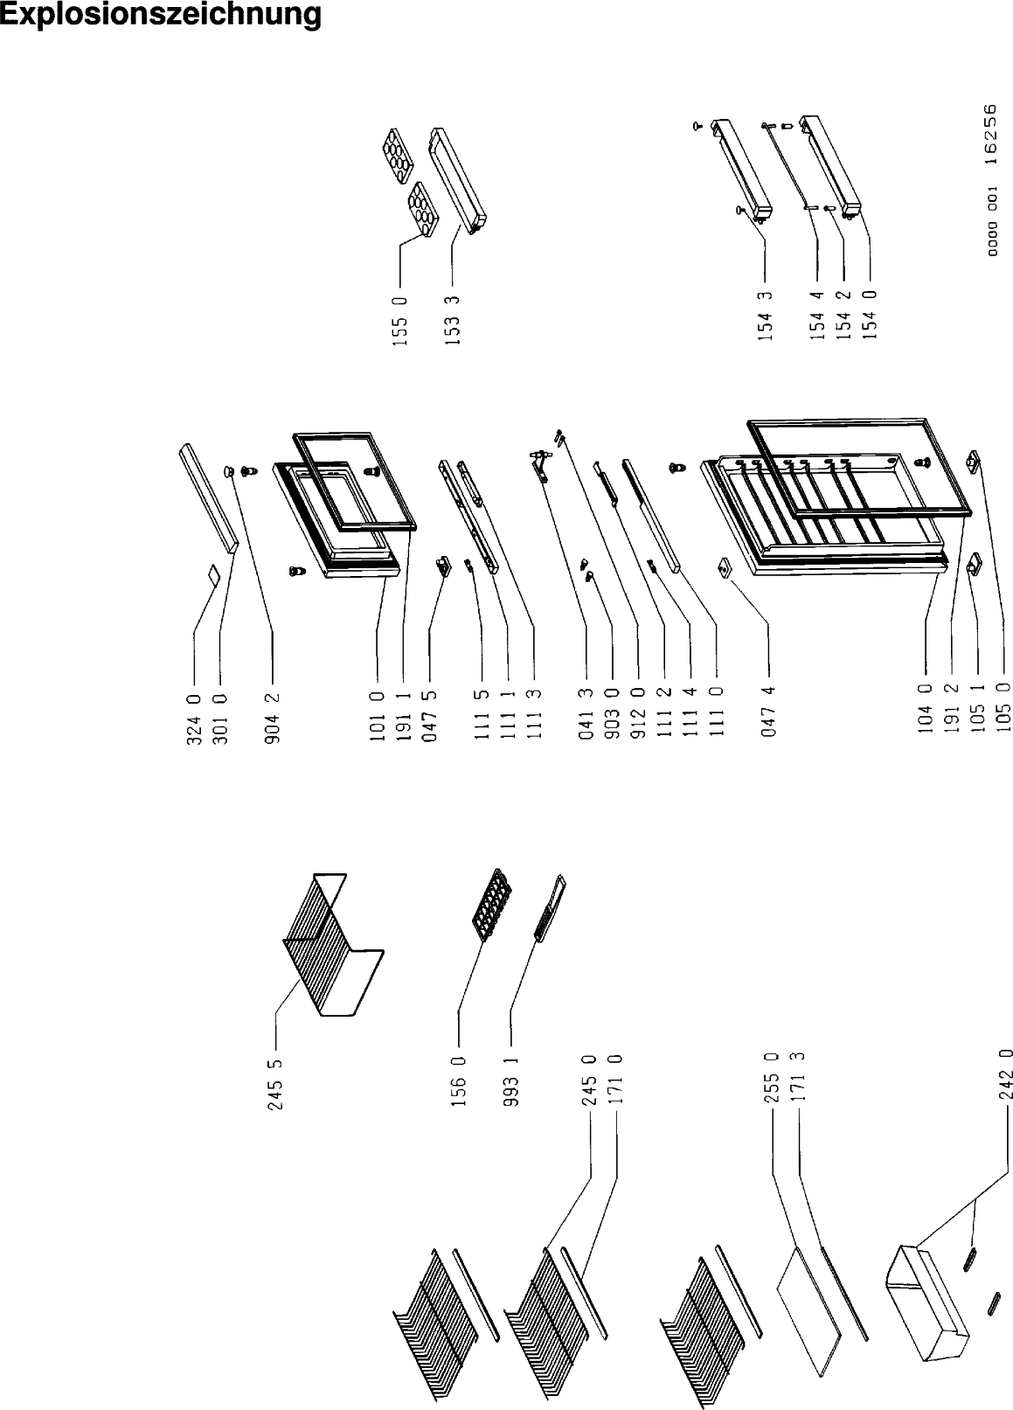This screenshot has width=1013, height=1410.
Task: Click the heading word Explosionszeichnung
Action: (161, 15)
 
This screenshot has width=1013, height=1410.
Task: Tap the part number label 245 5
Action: (275, 1085)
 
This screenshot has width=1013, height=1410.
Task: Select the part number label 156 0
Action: (459, 1082)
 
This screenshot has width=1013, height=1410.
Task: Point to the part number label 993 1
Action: (511, 1082)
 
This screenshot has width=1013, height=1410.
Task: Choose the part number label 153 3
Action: (453, 321)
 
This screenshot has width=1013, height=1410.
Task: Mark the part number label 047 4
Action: (769, 712)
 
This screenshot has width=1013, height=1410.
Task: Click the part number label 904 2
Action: (273, 719)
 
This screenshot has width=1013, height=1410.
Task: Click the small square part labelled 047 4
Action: (725, 567)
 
